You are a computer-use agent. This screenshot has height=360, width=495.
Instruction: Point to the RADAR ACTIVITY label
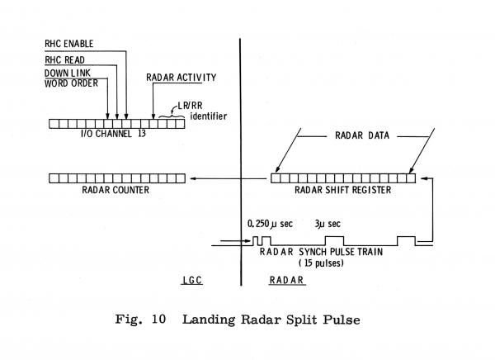[x=181, y=78]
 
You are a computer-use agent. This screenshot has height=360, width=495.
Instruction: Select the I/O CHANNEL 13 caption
[x=103, y=135]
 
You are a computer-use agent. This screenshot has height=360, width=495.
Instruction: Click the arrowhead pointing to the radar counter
[x=194, y=178]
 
